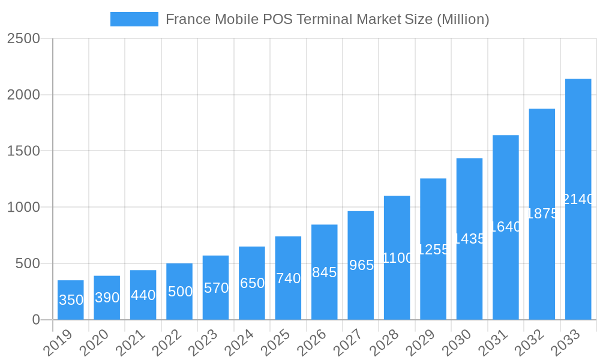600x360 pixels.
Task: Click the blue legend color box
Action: point(134,19)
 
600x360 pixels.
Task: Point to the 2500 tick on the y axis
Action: point(23,38)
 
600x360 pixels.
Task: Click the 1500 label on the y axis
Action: point(23,151)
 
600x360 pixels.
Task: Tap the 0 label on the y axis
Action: point(36,320)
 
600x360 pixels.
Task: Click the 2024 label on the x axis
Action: point(240,343)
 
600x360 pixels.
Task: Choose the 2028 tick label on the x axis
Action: point(385,343)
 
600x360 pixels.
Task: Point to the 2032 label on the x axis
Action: point(530,343)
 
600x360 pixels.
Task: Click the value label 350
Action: point(71,300)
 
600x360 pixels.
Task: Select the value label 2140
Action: point(578,199)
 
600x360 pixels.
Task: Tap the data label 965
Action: point(361,265)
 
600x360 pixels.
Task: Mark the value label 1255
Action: point(433,250)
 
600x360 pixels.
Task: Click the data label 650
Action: point(252,283)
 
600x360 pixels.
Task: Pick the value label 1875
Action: point(542,214)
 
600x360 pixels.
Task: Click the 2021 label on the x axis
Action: point(131,343)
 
